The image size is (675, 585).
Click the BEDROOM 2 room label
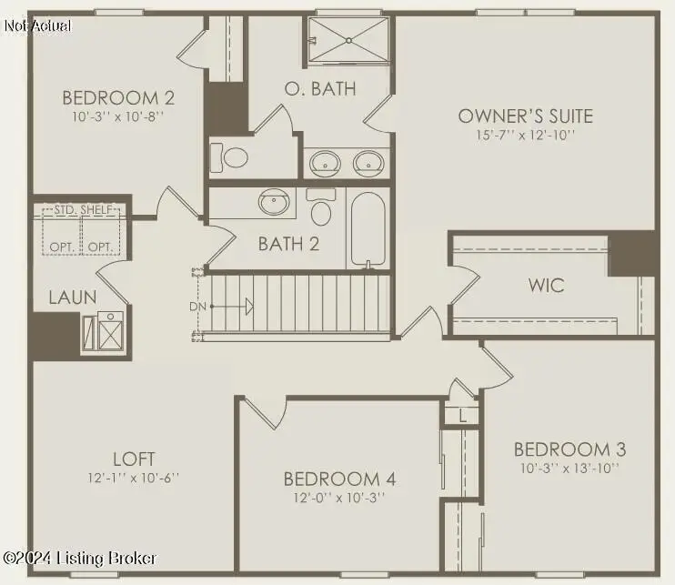pos(118,98)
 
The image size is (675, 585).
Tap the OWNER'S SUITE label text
pos(525,116)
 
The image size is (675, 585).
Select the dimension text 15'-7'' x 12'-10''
pos(525,135)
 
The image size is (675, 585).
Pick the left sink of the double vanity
pos(325,163)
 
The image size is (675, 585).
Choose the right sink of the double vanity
pos(368,163)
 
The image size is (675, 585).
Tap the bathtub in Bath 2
pos(369,228)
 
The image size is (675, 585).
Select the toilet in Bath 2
pos(320,208)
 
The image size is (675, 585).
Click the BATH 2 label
pos(288,244)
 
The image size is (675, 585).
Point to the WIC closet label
pos(546,285)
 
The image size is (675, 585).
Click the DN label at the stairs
pos(196,307)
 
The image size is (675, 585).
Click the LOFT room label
pos(134,459)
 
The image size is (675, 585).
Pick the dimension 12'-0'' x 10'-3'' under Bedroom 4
pos(338,498)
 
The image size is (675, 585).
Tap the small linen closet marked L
pos(461,416)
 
